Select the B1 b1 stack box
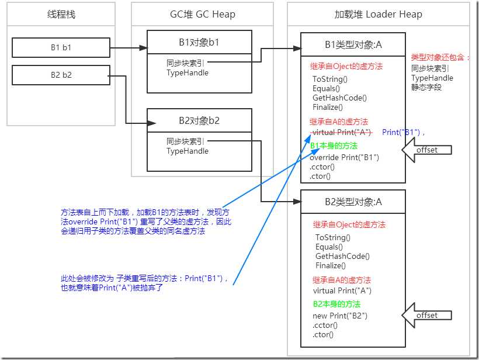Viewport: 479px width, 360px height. [x=61, y=48]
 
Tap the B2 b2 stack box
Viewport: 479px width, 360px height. [x=61, y=75]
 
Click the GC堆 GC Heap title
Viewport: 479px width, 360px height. [x=202, y=13]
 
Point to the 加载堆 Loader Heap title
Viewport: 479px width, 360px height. [x=378, y=14]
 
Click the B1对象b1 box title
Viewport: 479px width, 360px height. [x=199, y=41]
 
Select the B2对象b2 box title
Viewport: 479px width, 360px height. [x=199, y=120]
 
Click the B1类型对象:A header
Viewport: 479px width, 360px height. [x=353, y=44]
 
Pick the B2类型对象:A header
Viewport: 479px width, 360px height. [x=353, y=202]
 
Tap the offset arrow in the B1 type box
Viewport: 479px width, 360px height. [x=425, y=150]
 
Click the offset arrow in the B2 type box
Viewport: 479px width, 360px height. [x=425, y=316]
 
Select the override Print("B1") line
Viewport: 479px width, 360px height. [x=345, y=157]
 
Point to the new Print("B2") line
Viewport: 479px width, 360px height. [x=340, y=316]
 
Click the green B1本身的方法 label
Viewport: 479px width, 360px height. [x=334, y=146]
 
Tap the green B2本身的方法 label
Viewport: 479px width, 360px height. [x=336, y=304]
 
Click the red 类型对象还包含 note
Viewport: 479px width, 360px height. [x=440, y=58]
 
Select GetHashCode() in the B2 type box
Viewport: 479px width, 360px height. [x=342, y=256]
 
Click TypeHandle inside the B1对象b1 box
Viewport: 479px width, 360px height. [x=187, y=73]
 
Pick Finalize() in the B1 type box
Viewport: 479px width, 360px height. [x=328, y=108]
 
